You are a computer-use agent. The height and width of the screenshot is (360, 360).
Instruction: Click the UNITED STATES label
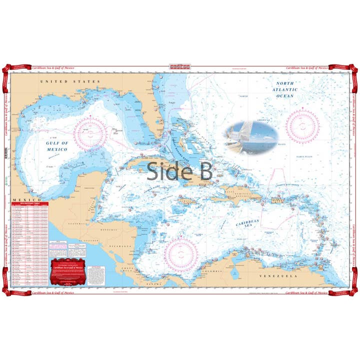pyautogui.click(x=70, y=81)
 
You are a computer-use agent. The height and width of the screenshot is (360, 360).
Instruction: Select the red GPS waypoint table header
pyautogui.click(x=30, y=204)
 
